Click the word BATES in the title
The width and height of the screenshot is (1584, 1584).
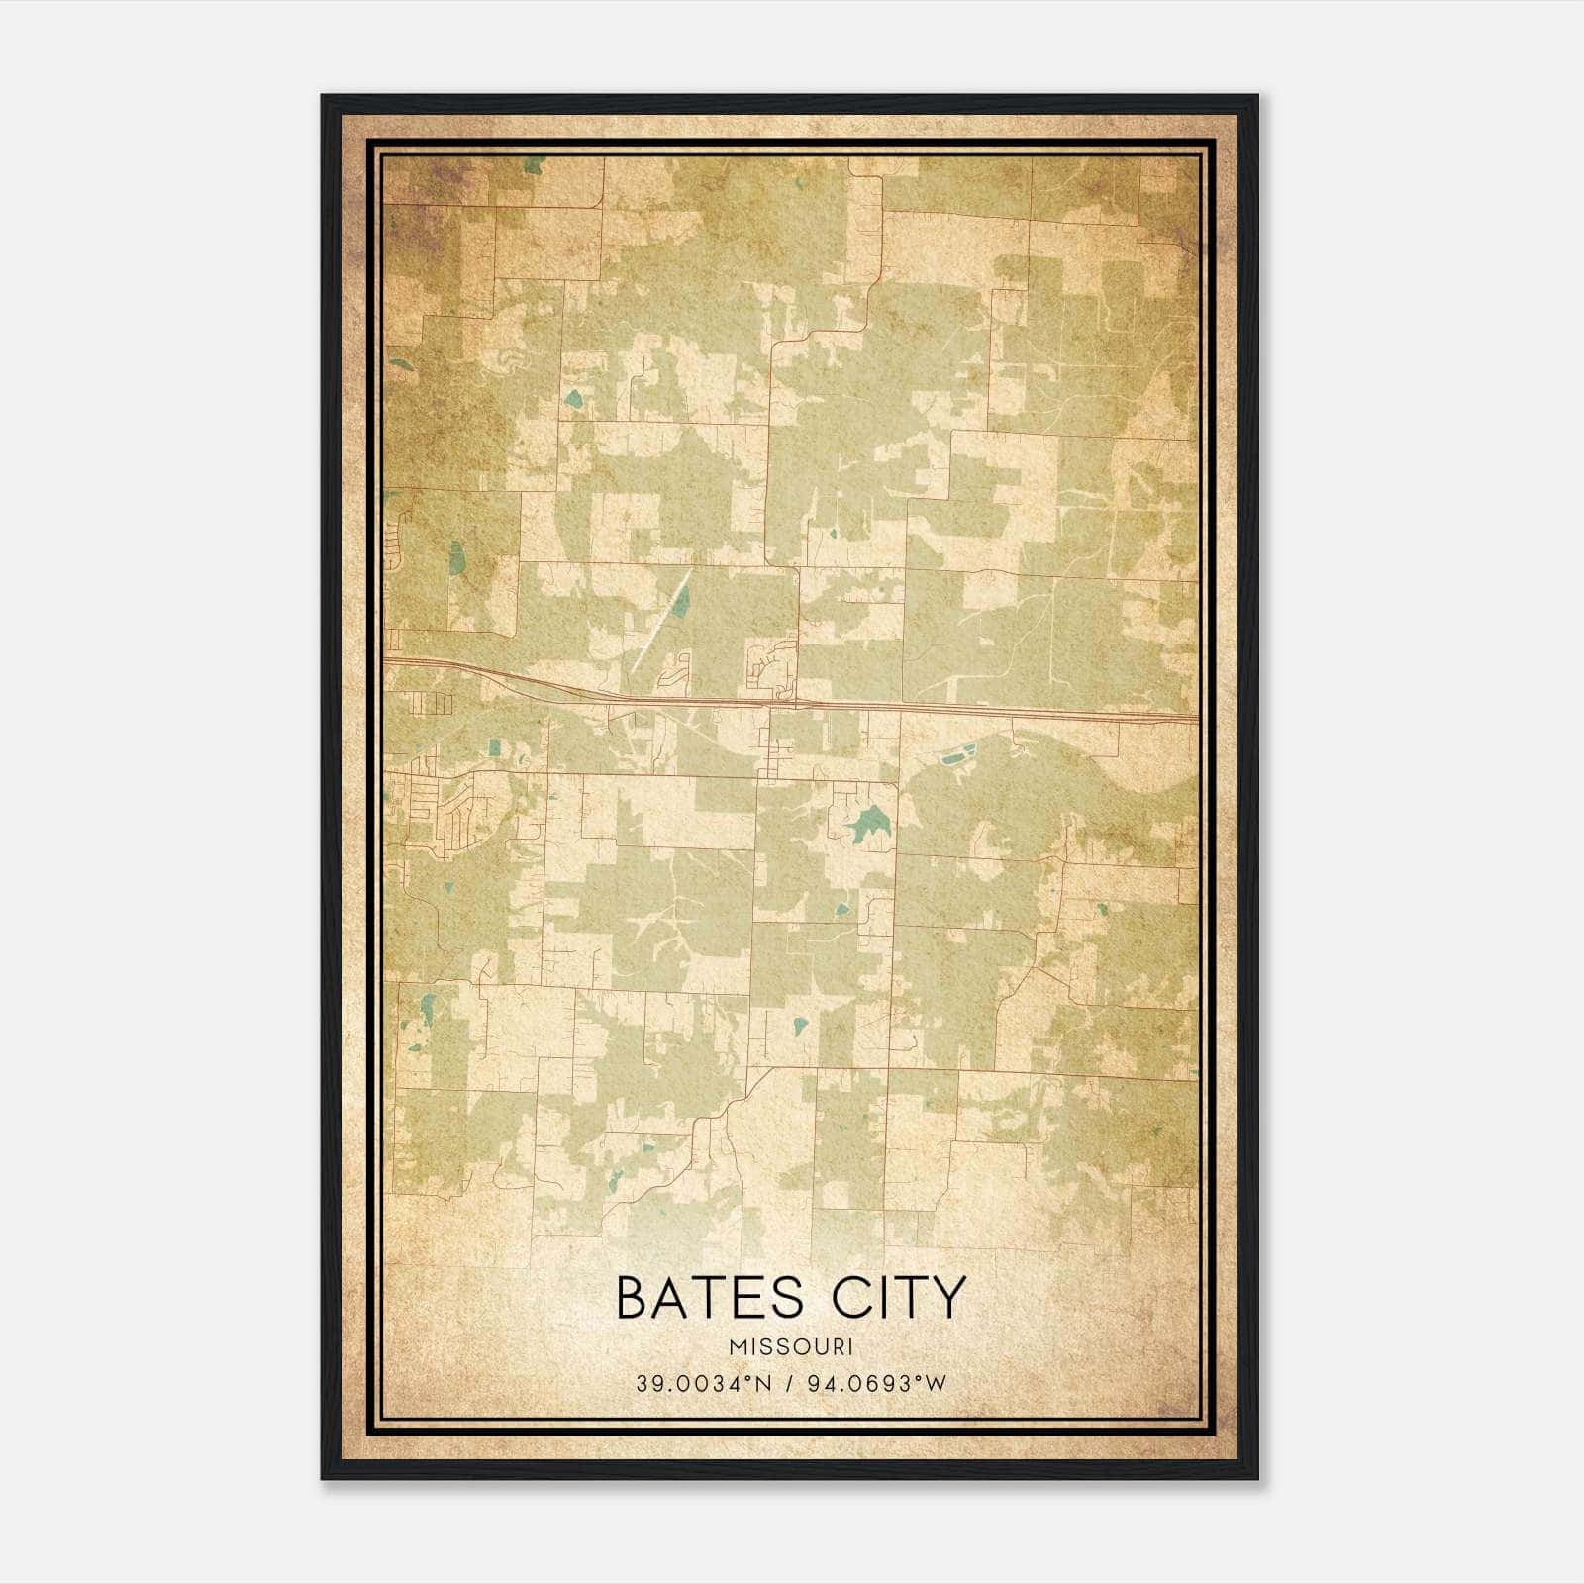tap(702, 1299)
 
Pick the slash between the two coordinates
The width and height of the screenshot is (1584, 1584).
tap(790, 1383)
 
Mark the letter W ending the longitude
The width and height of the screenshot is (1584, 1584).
tap(938, 1383)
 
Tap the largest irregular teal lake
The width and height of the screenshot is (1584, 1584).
tap(868, 822)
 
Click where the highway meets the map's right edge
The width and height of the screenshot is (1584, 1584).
tap(1196, 717)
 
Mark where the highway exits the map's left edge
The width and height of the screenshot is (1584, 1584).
tap(385, 658)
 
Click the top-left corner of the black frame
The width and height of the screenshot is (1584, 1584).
tap(324, 97)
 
